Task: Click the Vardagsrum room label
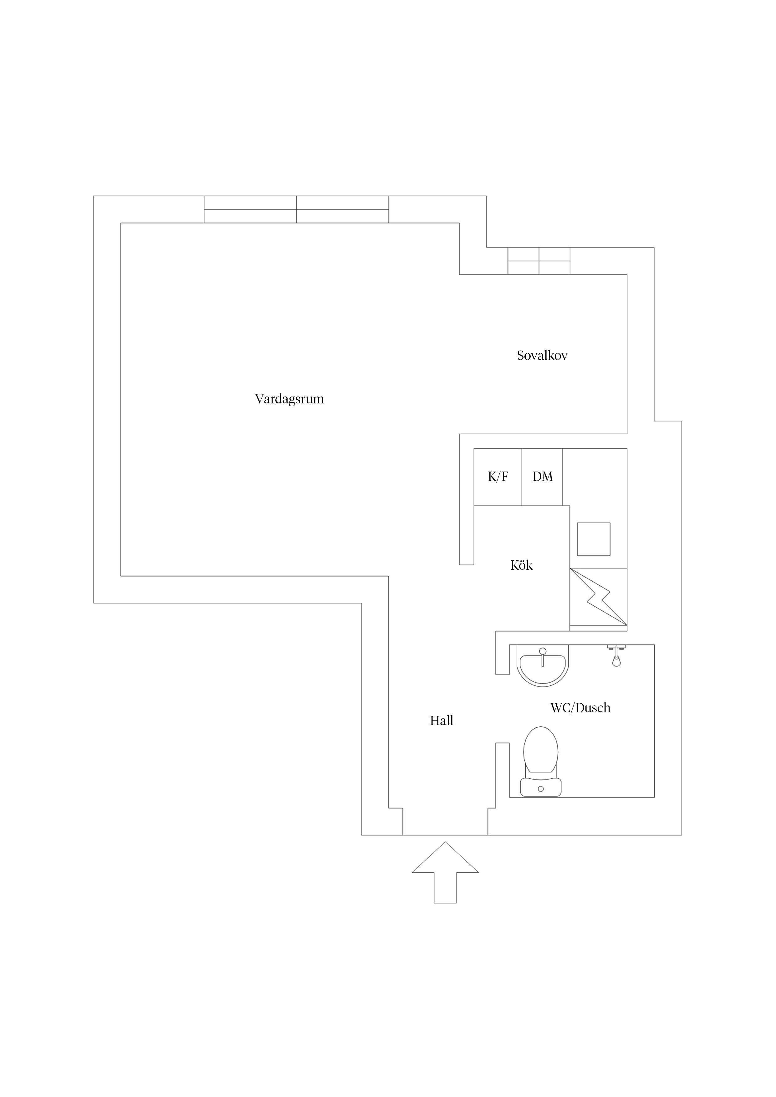pyautogui.click(x=289, y=399)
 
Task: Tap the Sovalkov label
pyautogui.click(x=542, y=356)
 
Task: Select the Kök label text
pyautogui.click(x=521, y=566)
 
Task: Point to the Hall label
pyautogui.click(x=441, y=721)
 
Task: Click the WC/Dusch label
pyautogui.click(x=580, y=708)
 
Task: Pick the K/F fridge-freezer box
pyautogui.click(x=498, y=477)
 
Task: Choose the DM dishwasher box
pyautogui.click(x=542, y=477)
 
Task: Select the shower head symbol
pyautogui.click(x=616, y=655)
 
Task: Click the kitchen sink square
pyautogui.click(x=594, y=539)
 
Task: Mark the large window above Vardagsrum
pyautogui.click(x=296, y=209)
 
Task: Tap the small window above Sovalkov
pyautogui.click(x=539, y=261)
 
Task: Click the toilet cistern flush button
pyautogui.click(x=541, y=789)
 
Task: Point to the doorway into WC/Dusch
pyautogui.click(x=502, y=709)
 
